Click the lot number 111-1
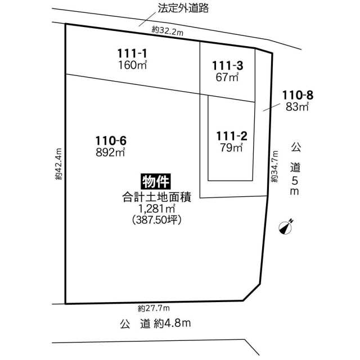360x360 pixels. point(132,53)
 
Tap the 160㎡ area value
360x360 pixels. point(133,65)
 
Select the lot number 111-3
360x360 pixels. point(227,66)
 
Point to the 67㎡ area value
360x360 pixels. point(227,77)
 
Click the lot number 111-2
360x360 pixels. point(232,136)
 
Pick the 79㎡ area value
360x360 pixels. point(231,147)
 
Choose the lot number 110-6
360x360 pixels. point(111,141)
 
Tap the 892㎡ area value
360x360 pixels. point(110,152)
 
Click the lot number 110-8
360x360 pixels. point(298,95)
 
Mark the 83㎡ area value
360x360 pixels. point(297,107)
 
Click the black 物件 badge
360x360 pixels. point(156,182)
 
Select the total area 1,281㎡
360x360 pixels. point(156,209)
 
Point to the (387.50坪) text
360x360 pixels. point(157,220)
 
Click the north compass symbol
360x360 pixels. point(286,227)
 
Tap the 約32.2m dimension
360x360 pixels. point(168,31)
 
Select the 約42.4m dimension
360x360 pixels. point(58,164)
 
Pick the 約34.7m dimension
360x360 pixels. point(274,166)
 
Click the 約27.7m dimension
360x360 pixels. point(154,308)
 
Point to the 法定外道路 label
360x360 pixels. point(183,8)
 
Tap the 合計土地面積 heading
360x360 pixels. point(157,197)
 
